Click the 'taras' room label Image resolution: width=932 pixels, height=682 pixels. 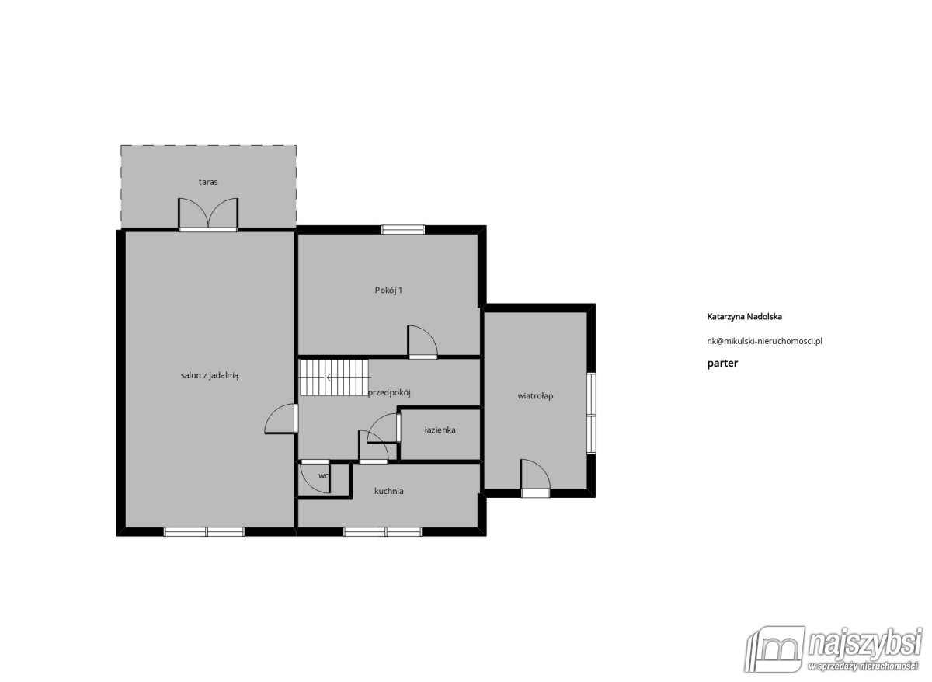[x=208, y=182]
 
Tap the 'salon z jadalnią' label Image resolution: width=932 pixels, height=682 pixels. [x=210, y=376]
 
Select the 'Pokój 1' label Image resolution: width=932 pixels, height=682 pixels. [x=388, y=290]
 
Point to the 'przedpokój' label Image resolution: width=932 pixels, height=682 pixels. [x=389, y=392]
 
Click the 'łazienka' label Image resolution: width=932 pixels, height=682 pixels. [x=440, y=430]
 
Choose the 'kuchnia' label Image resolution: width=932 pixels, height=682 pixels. [x=388, y=491]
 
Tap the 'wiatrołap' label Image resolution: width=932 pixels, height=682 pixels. [x=535, y=395]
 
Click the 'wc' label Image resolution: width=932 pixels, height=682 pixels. [x=323, y=475]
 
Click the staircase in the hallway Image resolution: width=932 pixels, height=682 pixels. [x=335, y=378]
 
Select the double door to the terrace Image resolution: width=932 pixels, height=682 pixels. [x=208, y=214]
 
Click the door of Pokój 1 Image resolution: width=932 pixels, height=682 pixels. [x=423, y=342]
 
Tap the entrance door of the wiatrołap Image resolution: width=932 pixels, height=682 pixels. [x=535, y=478]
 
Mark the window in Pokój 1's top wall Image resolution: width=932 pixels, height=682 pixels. [x=403, y=229]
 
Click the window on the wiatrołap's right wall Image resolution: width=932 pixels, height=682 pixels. [x=591, y=412]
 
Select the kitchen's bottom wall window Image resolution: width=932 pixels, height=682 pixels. [x=382, y=531]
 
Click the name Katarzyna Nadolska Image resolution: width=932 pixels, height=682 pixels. [x=744, y=317]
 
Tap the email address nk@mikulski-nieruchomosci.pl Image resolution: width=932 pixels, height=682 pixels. [x=765, y=341]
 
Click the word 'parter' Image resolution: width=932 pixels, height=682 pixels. [x=722, y=364]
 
